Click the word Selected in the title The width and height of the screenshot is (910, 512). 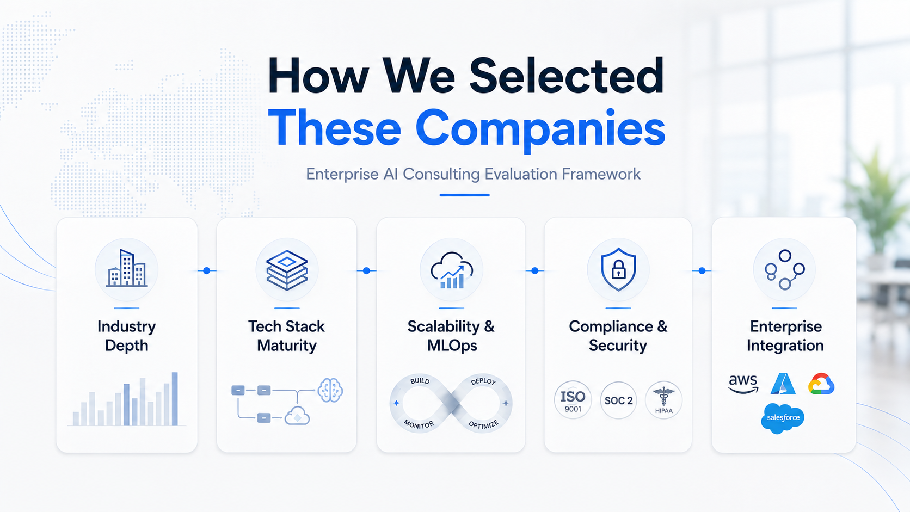567,76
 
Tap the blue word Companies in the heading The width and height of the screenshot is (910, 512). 540,129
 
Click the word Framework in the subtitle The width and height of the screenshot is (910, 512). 601,174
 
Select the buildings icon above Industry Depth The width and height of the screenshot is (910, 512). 127,268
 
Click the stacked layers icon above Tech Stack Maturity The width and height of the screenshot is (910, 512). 287,270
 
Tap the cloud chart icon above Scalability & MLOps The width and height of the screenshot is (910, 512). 452,270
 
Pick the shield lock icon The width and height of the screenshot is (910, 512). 618,269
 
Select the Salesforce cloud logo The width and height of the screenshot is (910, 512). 783,418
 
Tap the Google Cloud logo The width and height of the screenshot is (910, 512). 821,384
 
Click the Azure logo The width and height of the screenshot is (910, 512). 783,384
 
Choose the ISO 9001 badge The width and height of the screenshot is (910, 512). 573,400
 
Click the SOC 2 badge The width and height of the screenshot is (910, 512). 618,400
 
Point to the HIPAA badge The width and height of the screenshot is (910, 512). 664,400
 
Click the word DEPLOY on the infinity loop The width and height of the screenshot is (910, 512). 483,381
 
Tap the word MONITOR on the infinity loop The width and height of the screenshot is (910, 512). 419,424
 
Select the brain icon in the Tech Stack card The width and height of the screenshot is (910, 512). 330,390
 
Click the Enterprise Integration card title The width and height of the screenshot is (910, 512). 785,336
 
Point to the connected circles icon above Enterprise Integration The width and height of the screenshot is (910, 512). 784,270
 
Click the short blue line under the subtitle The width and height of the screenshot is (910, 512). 464,195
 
